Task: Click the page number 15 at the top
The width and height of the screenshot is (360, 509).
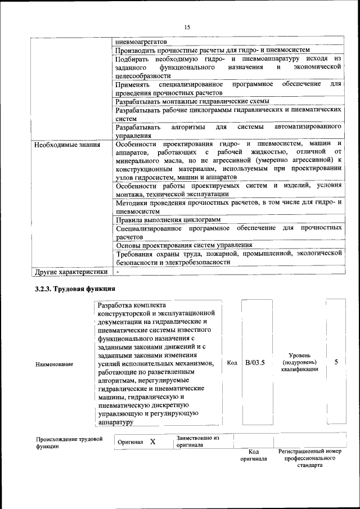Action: (x=187, y=27)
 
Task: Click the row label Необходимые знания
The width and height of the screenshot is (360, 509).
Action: (x=67, y=145)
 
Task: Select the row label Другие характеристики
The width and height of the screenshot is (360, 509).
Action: (x=70, y=272)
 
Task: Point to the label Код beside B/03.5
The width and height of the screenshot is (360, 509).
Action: (x=232, y=363)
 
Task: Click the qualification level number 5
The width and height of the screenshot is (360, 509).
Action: (x=336, y=362)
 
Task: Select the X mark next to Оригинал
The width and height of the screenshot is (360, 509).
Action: (x=152, y=442)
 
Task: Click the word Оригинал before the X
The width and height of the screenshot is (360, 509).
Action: (x=130, y=442)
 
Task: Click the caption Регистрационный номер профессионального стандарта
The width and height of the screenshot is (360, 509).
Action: (x=310, y=458)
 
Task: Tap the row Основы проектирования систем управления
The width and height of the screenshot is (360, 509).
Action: (x=183, y=245)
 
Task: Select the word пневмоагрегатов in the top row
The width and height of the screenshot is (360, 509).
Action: (x=141, y=42)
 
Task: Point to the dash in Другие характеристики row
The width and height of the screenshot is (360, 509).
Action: (x=118, y=272)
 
